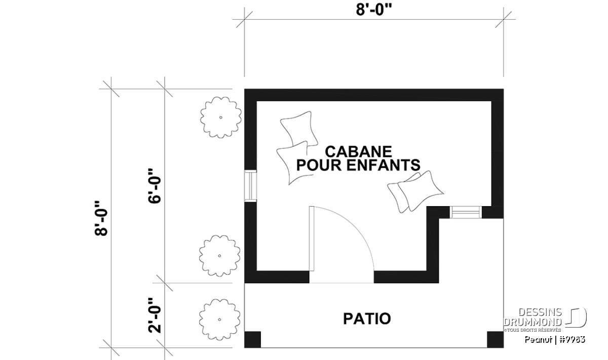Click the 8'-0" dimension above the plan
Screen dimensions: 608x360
(374, 11)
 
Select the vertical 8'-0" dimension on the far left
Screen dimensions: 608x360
(101, 218)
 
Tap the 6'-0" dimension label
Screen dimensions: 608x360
(155, 186)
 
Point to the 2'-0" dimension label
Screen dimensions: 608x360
(155, 315)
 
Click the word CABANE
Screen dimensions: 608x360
(358, 152)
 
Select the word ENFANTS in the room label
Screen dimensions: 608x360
(384, 165)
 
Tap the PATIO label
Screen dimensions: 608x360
(367, 319)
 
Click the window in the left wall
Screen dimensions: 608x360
(250, 186)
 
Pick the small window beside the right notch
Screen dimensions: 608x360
(466, 212)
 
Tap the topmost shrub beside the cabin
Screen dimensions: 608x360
(221, 117)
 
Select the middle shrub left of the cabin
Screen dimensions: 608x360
(219, 256)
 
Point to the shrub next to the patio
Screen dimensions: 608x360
(219, 319)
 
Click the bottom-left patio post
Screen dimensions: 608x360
(252, 339)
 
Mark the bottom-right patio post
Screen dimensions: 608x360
(496, 339)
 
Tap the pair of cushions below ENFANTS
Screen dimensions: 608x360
(415, 191)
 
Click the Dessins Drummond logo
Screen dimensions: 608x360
(545, 319)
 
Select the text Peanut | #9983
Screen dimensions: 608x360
(555, 340)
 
